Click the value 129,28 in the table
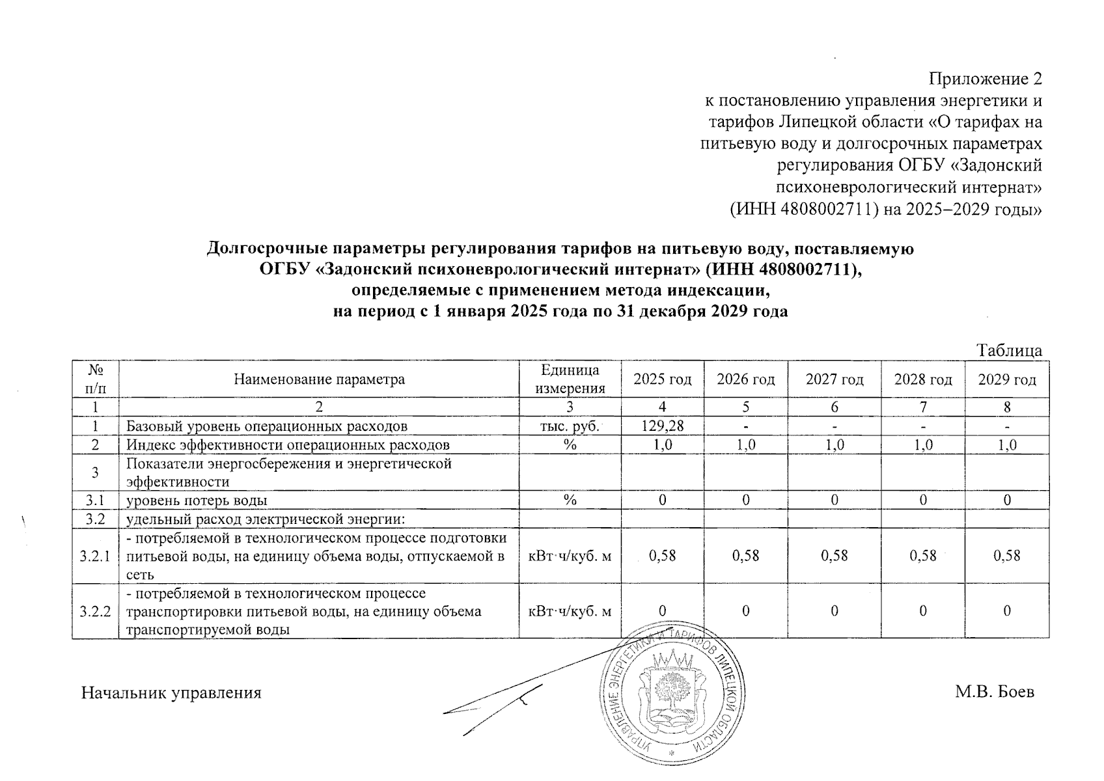tap(662, 426)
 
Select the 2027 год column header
tap(834, 379)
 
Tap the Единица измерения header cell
tap(570, 379)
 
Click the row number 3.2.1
tap(95, 556)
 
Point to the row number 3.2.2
tap(95, 611)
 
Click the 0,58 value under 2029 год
tap(1007, 556)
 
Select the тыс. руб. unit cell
tap(570, 426)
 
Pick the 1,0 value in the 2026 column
tap(745, 445)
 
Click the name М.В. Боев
tap(994, 692)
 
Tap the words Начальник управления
tap(171, 693)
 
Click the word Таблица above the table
tap(1010, 351)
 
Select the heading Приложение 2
tap(985, 79)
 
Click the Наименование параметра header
tap(319, 379)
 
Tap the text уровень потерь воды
tap(197, 500)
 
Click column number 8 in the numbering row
tap(1007, 407)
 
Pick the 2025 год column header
tap(662, 379)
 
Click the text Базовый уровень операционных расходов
tap(266, 426)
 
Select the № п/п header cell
tap(95, 379)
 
